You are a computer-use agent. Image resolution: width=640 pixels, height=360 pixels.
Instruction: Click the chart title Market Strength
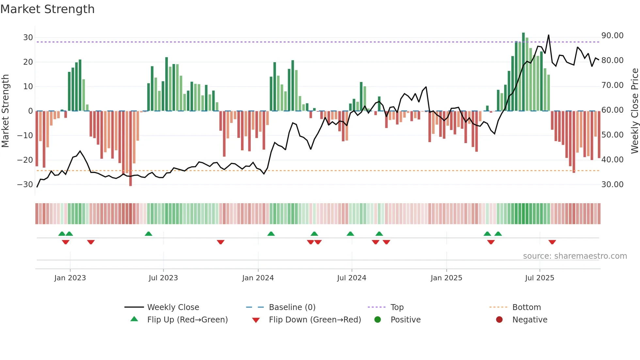[48, 9]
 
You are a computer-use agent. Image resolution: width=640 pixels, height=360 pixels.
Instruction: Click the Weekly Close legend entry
[173, 307]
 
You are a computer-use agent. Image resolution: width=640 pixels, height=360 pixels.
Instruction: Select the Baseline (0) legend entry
[292, 307]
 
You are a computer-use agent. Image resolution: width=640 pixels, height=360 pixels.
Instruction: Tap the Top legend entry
[397, 307]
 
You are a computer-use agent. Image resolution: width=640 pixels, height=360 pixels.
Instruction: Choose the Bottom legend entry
[526, 307]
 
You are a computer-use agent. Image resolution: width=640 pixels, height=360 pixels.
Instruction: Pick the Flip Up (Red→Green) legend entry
[187, 319]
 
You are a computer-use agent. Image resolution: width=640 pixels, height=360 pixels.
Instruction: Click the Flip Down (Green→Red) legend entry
[315, 319]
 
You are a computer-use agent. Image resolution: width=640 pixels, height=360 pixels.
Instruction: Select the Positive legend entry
[405, 319]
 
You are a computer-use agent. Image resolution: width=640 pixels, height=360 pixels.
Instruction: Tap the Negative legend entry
[529, 319]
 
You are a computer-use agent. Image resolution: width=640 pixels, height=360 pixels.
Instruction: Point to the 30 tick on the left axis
[28, 38]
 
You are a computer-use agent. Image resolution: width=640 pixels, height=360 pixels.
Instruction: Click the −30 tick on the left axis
[25, 185]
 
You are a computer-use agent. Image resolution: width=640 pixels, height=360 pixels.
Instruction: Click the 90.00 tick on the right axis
[612, 36]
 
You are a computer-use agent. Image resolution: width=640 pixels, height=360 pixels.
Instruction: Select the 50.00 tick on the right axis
[612, 135]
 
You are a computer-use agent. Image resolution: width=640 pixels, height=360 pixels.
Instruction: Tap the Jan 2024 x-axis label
[258, 278]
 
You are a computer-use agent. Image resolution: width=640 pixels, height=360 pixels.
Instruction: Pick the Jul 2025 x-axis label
[539, 278]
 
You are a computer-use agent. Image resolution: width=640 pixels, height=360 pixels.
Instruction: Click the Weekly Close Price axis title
[634, 111]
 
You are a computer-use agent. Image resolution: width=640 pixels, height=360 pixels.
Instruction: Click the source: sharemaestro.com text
[575, 256]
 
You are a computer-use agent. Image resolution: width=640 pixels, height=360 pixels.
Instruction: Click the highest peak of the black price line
[549, 35]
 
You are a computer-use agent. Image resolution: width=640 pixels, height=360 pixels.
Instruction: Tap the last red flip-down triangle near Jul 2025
[552, 242]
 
